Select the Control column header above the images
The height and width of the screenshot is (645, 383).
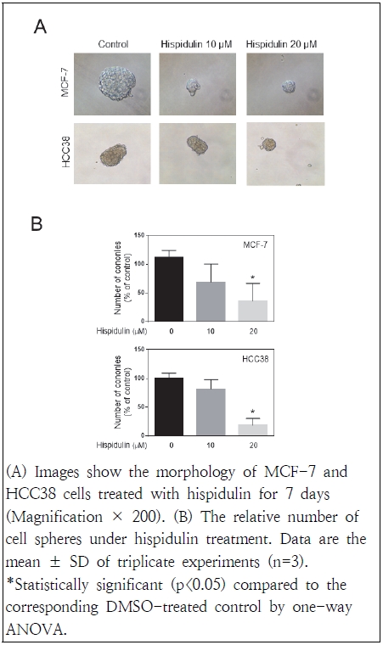click(113, 43)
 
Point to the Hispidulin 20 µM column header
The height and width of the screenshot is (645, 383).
click(279, 43)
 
